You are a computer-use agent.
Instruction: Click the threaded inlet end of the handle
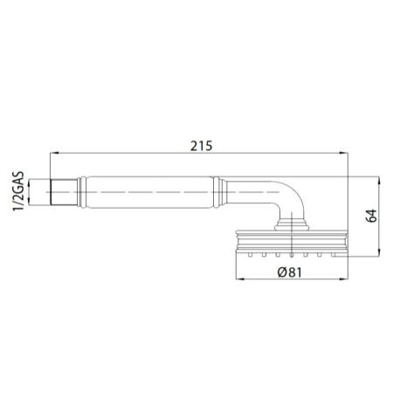[62, 192]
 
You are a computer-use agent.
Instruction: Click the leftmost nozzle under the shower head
[249, 256]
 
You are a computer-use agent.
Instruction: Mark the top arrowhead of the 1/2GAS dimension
[32, 180]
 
